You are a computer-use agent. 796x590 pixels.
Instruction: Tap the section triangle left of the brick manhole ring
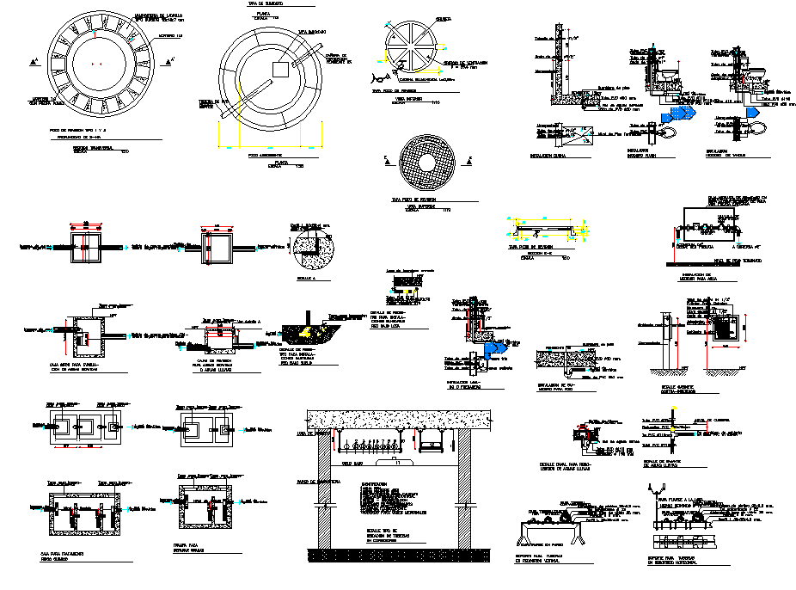pos(33,61)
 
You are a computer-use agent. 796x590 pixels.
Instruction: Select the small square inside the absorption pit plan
pos(279,69)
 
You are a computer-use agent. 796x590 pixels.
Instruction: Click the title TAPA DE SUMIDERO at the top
pos(266,4)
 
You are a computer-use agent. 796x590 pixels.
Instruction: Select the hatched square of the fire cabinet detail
pos(727,330)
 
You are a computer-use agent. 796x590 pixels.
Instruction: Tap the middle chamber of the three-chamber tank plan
pos(86,426)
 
